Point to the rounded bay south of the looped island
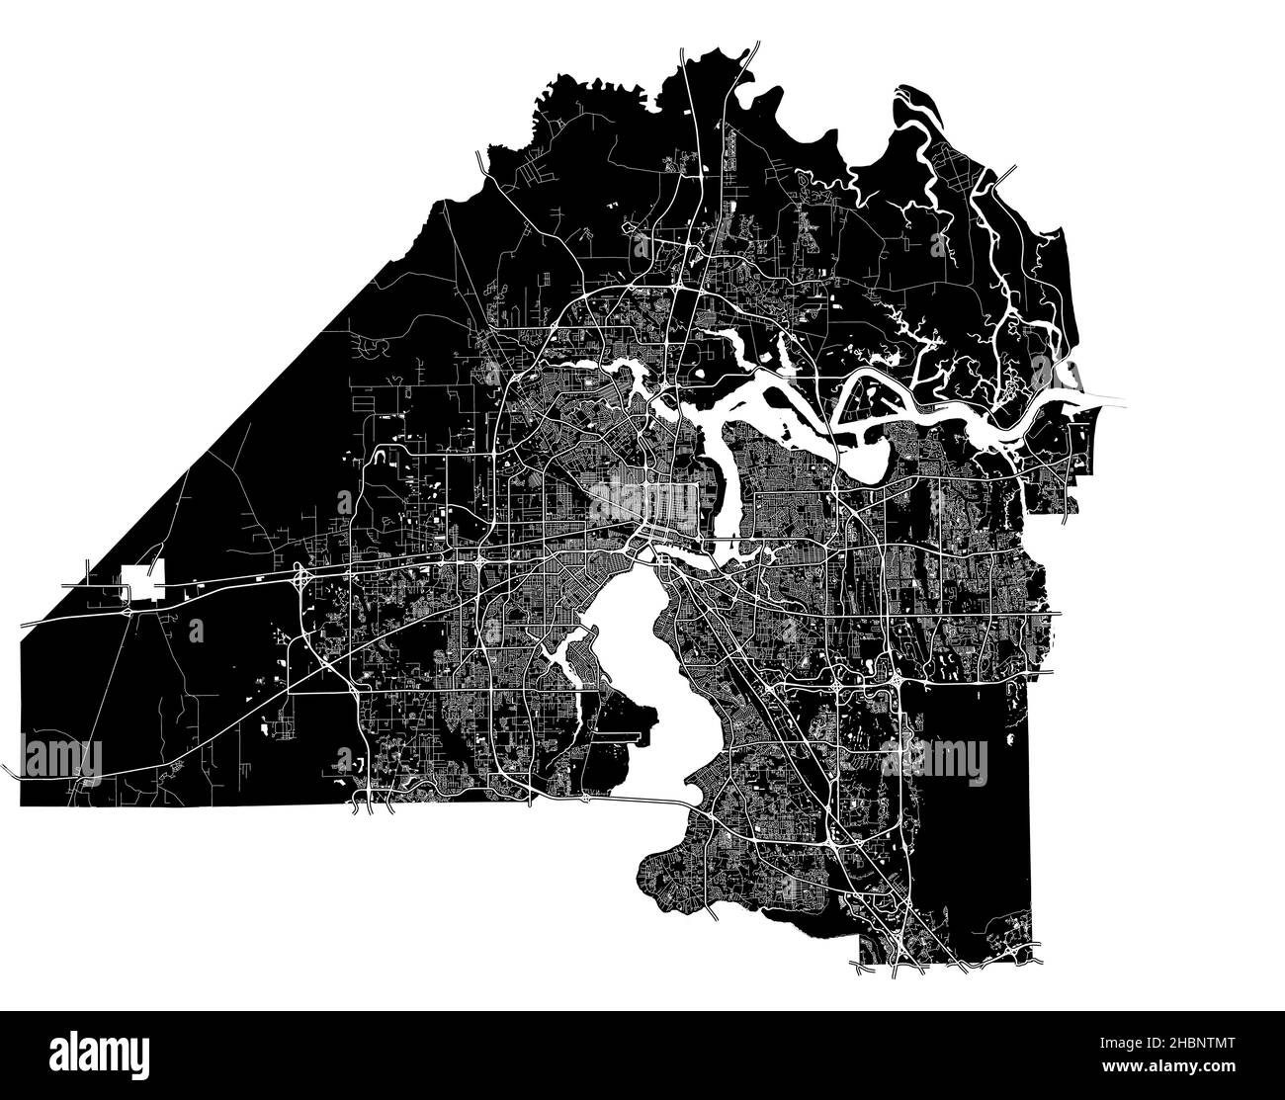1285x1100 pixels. tap(870, 465)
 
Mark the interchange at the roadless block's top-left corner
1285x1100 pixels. tap(899, 681)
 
